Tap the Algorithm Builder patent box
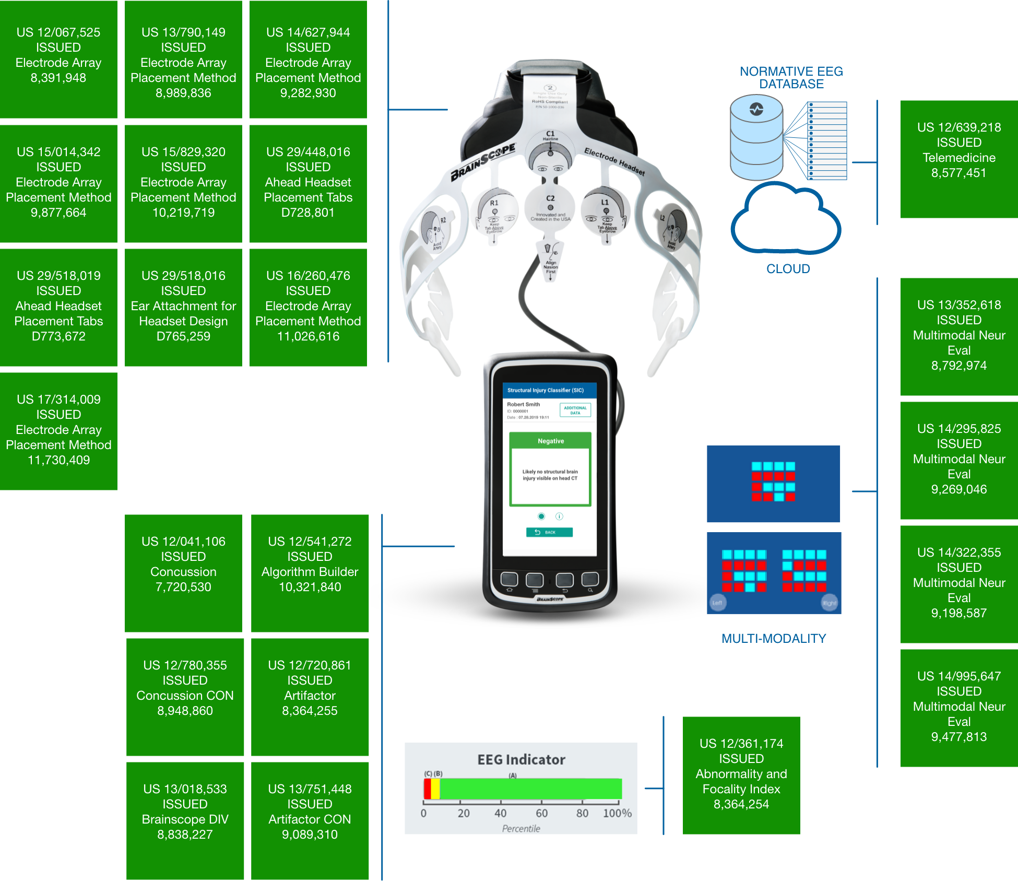(310, 573)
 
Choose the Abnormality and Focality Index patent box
(741, 775)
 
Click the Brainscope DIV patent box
(185, 820)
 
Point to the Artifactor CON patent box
(310, 820)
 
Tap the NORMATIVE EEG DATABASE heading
(791, 77)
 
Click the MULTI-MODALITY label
(774, 638)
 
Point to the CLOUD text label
(788, 268)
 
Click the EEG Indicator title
(521, 759)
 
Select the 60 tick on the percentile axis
(541, 813)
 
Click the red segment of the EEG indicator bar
(427, 789)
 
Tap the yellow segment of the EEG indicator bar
(435, 789)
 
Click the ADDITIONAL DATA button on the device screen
(575, 410)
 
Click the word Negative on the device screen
(551, 441)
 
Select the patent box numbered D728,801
(308, 183)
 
